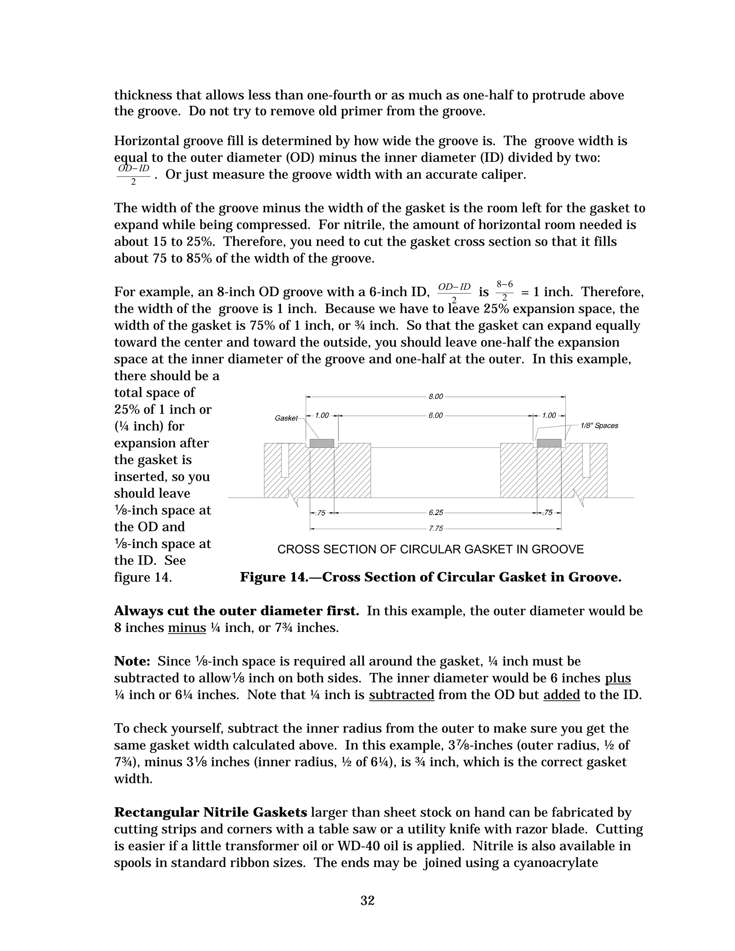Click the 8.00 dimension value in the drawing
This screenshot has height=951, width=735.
[435, 397]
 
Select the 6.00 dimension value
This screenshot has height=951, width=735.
[435, 416]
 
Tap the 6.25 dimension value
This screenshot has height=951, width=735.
[435, 513]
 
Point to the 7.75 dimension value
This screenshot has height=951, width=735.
[435, 529]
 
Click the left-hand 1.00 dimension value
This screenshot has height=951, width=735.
[322, 416]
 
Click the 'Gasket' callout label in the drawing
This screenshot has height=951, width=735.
[286, 418]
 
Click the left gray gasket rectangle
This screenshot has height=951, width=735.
[322, 443]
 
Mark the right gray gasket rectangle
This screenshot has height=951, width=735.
[549, 443]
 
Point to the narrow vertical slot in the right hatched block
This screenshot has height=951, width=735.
[586, 460]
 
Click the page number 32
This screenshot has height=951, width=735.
[367, 900]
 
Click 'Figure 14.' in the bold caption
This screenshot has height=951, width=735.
[270, 577]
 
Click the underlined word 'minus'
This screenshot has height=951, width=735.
[187, 628]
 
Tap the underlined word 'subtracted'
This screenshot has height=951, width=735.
[402, 695]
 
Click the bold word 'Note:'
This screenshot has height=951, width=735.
[132, 661]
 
